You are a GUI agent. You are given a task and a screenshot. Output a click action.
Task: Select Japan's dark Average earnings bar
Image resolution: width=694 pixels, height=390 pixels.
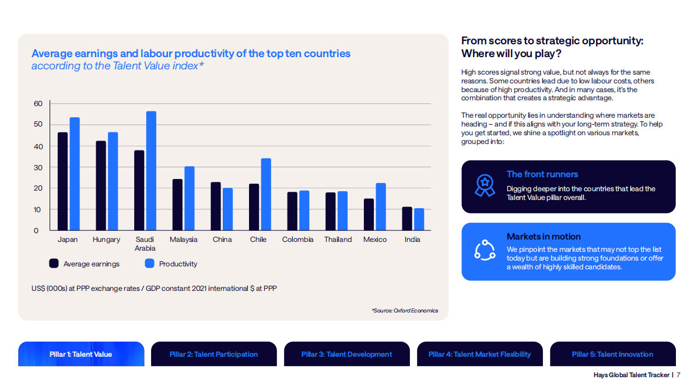click(62, 181)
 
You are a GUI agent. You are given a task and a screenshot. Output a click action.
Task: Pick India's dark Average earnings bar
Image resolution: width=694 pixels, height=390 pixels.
click(407, 219)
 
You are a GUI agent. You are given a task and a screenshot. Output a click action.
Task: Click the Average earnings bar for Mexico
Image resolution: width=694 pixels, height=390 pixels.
click(369, 215)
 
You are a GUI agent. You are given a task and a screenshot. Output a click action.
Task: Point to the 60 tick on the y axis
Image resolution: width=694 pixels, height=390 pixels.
click(38, 104)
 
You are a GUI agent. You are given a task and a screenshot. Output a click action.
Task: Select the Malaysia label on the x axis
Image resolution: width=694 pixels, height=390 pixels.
click(183, 240)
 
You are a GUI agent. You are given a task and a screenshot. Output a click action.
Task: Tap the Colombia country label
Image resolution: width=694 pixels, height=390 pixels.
click(297, 240)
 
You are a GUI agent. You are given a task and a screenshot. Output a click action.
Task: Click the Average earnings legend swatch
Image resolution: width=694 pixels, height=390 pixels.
click(54, 263)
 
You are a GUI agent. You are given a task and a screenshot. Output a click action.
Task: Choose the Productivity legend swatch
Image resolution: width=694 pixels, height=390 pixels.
click(149, 263)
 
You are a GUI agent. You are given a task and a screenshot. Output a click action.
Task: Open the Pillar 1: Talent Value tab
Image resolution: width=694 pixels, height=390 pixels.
click(81, 354)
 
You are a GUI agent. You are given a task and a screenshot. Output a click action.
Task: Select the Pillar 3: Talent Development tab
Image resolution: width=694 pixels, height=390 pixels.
click(346, 354)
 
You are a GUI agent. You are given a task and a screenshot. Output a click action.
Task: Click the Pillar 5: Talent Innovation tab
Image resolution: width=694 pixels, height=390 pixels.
click(612, 354)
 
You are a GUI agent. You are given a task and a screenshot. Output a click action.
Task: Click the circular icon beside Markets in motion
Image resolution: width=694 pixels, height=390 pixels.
click(484, 251)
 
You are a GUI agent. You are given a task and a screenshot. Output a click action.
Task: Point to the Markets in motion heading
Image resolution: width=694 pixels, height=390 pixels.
click(544, 237)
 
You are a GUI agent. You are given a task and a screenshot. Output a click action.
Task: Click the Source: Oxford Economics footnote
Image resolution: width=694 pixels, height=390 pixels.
click(405, 311)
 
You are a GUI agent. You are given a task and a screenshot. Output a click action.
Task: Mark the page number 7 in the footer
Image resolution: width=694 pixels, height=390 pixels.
click(678, 375)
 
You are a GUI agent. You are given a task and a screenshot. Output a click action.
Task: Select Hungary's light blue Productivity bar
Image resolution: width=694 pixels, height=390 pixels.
click(113, 181)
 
